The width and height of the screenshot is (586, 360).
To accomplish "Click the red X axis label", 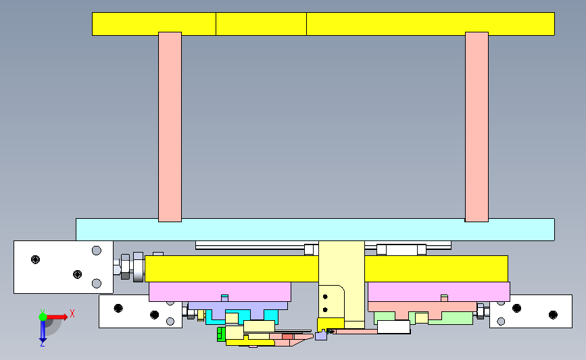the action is [x=72, y=313].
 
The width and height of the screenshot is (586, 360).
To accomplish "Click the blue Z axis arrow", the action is [x=43, y=331].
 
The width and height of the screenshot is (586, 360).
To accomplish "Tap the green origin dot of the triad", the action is [x=43, y=317].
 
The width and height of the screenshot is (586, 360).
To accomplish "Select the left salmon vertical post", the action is [x=170, y=127].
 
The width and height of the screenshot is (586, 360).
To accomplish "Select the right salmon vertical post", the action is [x=477, y=127].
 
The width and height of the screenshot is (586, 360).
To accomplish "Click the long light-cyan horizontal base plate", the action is [x=315, y=230].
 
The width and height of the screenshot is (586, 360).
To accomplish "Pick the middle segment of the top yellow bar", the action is [x=262, y=24].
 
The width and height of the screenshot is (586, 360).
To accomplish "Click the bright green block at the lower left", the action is [x=221, y=334].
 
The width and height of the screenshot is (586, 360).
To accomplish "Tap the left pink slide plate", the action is [x=220, y=292].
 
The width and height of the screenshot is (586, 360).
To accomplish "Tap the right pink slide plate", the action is [x=439, y=292].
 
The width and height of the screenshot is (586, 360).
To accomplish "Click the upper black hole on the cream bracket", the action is [x=325, y=297].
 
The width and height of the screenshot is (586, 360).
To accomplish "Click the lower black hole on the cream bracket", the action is [x=325, y=309].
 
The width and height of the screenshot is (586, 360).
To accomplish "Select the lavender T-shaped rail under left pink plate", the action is [x=238, y=309].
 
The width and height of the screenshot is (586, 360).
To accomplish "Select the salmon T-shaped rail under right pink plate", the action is [x=422, y=309].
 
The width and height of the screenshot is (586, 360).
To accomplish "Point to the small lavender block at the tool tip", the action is [x=321, y=336].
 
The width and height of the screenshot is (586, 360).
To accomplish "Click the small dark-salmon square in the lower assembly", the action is [x=287, y=336].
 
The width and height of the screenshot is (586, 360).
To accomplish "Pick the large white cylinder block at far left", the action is [x=64, y=267].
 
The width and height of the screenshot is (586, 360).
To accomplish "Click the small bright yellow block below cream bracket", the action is [x=331, y=324].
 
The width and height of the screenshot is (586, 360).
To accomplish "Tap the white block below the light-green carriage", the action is [x=394, y=327].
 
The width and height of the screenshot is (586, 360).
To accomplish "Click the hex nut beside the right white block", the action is [x=481, y=311].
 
